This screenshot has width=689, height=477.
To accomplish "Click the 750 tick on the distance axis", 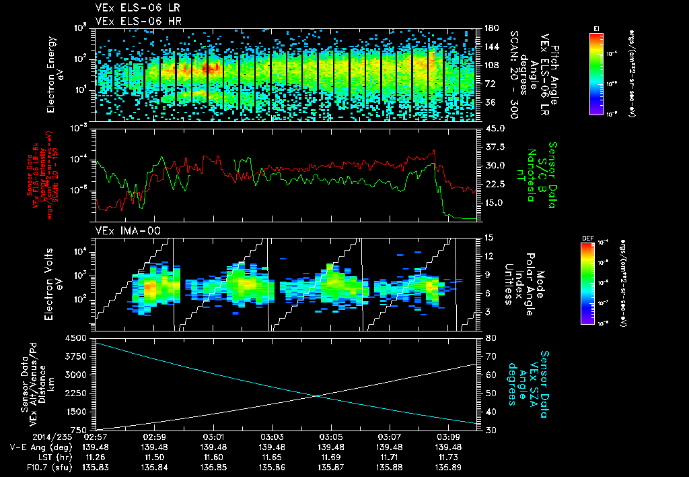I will pos(83,429).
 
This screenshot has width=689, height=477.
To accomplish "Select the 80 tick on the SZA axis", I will pos(488,338).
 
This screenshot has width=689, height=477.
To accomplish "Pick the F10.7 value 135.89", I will pos(447,466).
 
